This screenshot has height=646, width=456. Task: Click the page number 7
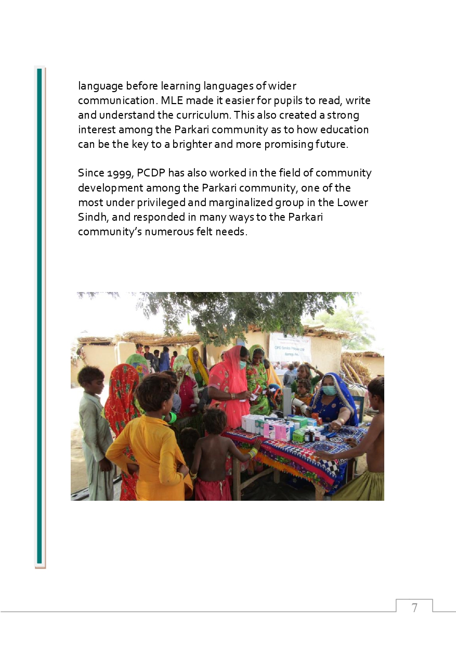pos(414,607)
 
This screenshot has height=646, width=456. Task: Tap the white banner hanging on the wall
pos(290,347)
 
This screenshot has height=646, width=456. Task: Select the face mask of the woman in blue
pos(329,390)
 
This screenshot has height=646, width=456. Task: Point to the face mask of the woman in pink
pos(242,365)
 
